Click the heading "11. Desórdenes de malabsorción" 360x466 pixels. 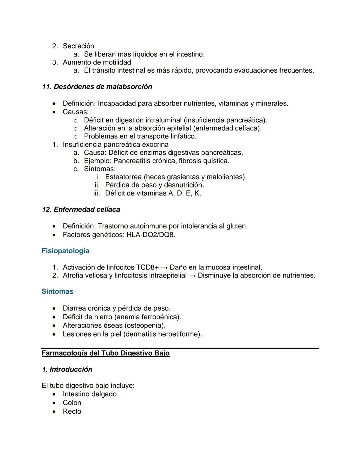point(97,87)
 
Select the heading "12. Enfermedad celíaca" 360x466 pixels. point(81,209)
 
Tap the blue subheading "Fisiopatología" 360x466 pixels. point(65,251)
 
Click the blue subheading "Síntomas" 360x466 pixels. point(57,292)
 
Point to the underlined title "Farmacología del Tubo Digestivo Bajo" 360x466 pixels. point(106,353)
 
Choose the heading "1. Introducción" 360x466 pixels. point(67,370)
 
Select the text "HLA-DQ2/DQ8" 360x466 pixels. point(150,235)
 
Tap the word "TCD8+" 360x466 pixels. point(147,268)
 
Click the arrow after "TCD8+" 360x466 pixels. point(164,268)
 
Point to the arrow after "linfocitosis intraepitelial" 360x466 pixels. point(192,276)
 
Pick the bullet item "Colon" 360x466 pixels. point(72,403)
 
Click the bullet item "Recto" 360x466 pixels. point(72,412)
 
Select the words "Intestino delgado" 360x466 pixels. point(90,394)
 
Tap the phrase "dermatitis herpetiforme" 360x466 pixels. point(162,334)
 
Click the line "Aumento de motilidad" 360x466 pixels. point(97,62)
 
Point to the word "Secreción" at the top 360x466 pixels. point(78,46)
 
